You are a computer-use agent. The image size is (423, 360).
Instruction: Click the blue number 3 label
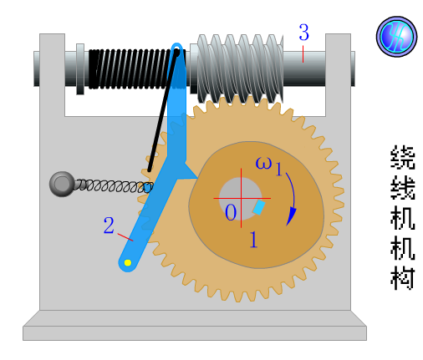click(303, 33)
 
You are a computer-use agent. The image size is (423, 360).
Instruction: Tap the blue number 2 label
click(109, 225)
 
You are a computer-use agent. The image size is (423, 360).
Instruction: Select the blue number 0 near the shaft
click(231, 212)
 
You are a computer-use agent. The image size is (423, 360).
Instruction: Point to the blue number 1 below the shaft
click(253, 240)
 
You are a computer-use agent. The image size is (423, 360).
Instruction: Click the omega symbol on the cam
click(263, 163)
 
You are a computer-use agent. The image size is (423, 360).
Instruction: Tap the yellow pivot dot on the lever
click(128, 262)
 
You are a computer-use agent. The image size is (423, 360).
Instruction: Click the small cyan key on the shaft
click(259, 207)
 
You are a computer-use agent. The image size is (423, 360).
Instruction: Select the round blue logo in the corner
click(396, 37)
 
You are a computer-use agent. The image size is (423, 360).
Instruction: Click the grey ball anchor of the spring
click(62, 184)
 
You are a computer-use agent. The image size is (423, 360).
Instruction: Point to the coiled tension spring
click(114, 186)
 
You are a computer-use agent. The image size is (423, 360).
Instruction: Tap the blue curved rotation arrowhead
click(291, 215)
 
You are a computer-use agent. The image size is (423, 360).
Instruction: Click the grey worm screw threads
click(240, 68)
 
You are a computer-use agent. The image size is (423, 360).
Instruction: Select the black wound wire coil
click(131, 69)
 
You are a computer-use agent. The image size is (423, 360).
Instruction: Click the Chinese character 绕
click(403, 157)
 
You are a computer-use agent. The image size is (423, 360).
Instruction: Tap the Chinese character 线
click(403, 188)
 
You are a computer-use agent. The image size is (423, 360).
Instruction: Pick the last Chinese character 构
click(403, 278)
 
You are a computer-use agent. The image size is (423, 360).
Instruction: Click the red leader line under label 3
click(303, 54)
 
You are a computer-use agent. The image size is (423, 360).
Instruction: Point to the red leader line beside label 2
click(125, 237)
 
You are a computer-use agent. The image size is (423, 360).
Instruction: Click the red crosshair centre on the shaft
click(242, 198)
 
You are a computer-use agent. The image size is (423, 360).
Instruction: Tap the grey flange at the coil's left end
click(80, 69)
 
